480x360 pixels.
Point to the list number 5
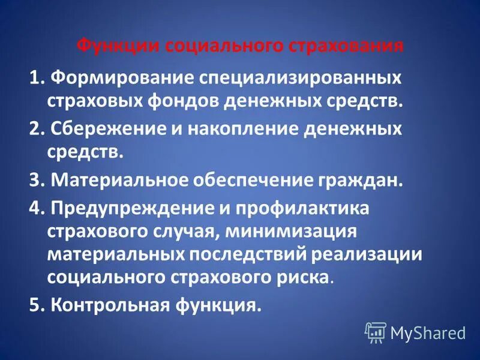pyautogui.click(x=34, y=305)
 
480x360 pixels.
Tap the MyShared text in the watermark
pyautogui.click(x=428, y=332)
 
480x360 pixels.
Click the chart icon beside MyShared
pyautogui.click(x=376, y=332)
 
